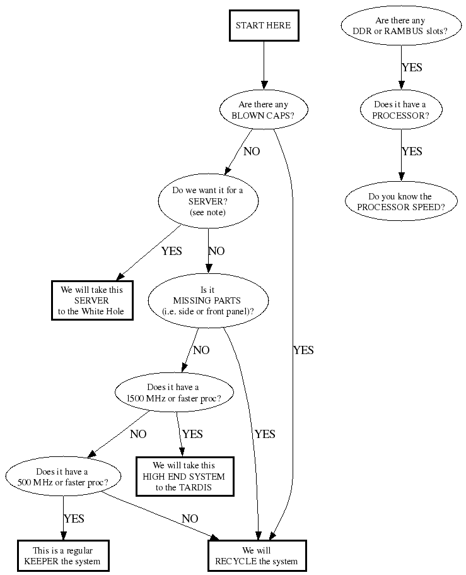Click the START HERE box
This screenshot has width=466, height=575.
[263, 26]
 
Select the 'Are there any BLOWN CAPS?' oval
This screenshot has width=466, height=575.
[263, 110]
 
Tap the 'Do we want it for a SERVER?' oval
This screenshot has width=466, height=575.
[207, 201]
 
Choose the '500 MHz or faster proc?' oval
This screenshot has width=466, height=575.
[62, 477]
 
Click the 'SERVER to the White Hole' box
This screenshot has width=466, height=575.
[91, 300]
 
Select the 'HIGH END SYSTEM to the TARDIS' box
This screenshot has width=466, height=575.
[185, 477]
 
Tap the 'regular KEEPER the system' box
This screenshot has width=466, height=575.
[62, 555]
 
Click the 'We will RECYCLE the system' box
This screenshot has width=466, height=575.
[257, 555]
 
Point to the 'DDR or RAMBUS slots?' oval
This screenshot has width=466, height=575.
[400, 26]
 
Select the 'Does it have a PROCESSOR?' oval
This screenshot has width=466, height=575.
[400, 110]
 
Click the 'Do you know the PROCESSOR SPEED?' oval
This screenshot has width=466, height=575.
[400, 201]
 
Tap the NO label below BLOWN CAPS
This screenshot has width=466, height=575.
[252, 151]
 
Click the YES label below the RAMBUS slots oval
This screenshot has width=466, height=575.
[412, 67]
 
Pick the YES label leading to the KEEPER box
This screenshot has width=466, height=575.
[74, 519]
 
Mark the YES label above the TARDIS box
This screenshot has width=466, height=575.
[192, 434]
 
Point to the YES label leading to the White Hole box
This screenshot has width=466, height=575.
[172, 251]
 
